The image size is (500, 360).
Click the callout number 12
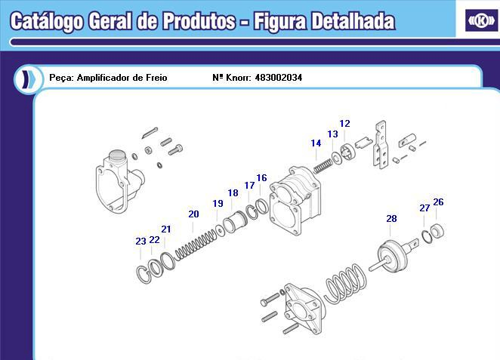(344, 124)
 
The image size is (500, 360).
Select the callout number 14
(316, 143)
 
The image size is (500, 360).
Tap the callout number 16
(261, 178)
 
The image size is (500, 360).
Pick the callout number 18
(233, 193)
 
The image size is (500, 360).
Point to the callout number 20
(193, 214)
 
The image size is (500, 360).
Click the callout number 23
(140, 242)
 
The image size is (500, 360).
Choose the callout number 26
(438, 202)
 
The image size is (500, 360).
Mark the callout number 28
(391, 219)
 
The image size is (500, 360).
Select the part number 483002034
(279, 78)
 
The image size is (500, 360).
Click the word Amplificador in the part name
(106, 78)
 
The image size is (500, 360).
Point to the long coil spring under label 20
(195, 242)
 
